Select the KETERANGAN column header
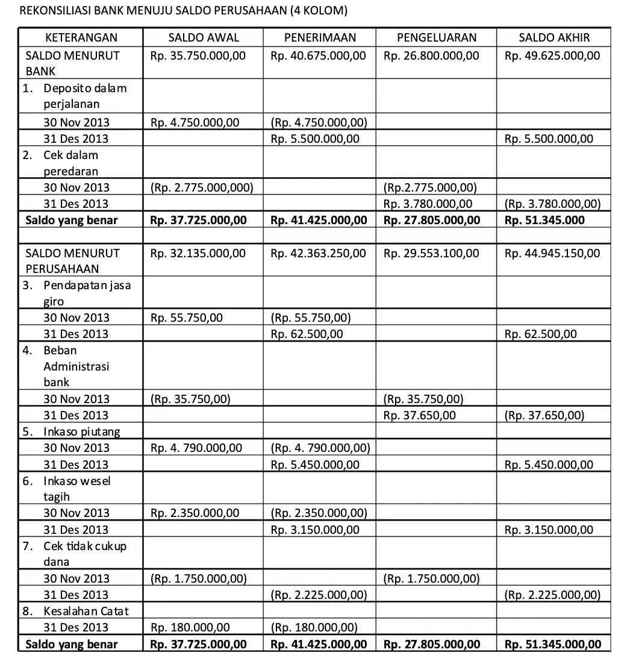[81, 37]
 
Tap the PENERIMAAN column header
[320, 37]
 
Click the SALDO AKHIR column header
[554, 37]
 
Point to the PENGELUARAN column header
[437, 37]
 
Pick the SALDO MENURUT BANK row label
[72, 63]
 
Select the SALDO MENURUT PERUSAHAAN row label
[72, 261]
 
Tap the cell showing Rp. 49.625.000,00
[552, 56]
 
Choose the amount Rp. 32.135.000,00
[198, 253]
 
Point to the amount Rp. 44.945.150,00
[552, 253]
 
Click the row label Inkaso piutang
[81, 431]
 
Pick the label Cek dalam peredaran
[70, 163]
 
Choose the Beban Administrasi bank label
[76, 366]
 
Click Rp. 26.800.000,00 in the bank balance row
[431, 56]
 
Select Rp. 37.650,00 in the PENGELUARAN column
[420, 415]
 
